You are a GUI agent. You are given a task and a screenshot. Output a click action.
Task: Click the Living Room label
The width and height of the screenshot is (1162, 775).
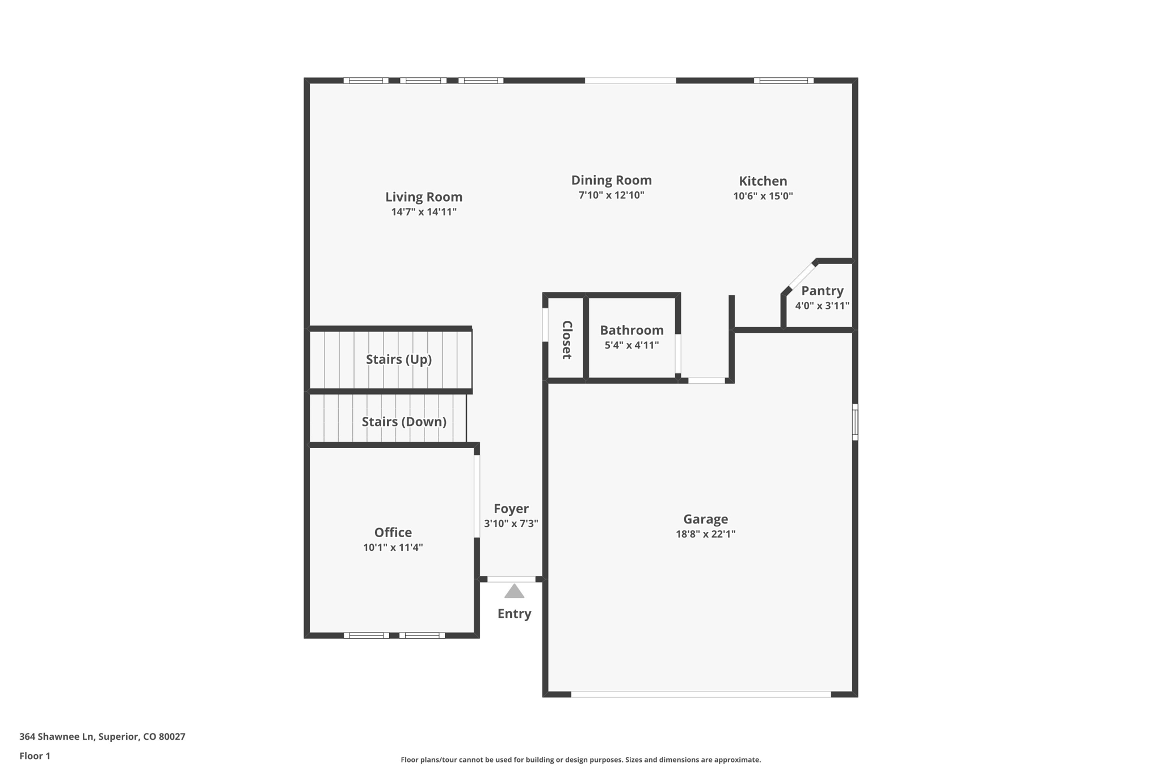point(424,196)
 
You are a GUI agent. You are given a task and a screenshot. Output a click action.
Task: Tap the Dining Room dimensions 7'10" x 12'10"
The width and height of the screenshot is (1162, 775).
point(611,195)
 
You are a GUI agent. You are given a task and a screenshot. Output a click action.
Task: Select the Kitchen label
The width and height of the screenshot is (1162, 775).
point(763,181)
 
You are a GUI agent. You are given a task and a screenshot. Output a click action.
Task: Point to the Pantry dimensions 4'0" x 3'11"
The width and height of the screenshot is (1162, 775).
point(822,305)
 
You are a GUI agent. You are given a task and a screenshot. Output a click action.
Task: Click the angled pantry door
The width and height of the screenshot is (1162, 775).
point(801,277)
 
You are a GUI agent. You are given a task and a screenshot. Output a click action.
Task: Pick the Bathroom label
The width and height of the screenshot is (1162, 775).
point(631,330)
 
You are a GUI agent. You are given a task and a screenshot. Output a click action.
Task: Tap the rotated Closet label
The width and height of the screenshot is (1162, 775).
point(567,340)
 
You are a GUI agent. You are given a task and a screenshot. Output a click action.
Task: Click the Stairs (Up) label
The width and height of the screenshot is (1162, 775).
point(398,359)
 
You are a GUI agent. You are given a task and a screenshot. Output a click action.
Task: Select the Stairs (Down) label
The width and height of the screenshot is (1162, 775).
point(403,422)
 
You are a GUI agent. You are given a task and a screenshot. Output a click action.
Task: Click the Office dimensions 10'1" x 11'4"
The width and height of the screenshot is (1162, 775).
point(393,547)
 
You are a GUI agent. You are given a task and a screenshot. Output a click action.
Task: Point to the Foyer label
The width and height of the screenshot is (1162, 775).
point(511,509)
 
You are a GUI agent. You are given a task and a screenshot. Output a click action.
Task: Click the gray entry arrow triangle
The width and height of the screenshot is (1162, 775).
point(514,592)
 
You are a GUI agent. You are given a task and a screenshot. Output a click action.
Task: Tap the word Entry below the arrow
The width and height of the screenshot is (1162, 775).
point(514,614)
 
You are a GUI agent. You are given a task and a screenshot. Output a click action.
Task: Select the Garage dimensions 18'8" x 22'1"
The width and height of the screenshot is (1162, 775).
point(705,534)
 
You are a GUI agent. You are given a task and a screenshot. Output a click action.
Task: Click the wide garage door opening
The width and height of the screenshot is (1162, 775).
point(701,694)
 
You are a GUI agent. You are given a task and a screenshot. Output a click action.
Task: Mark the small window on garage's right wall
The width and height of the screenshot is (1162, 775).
point(855,422)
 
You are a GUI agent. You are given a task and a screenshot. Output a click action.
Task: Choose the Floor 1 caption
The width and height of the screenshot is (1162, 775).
point(35,756)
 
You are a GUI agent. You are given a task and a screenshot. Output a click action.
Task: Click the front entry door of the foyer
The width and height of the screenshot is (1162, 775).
point(511,579)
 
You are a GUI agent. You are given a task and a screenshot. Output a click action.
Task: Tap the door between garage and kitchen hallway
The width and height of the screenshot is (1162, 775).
point(706,380)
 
